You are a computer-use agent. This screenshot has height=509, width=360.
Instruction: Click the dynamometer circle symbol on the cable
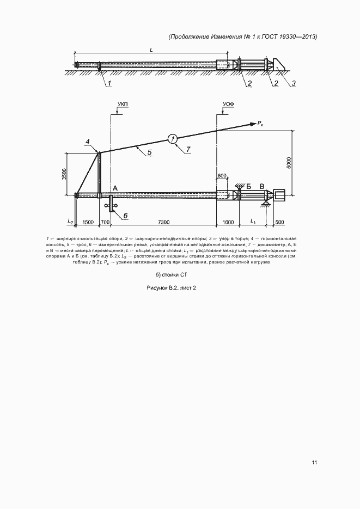click(173, 138)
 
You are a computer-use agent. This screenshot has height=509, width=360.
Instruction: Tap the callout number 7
click(188, 149)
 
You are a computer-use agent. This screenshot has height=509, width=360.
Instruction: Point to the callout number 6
click(125, 216)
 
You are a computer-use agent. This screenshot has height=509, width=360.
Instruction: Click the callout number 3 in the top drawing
click(293, 83)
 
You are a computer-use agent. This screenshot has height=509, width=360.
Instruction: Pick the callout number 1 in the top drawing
click(108, 83)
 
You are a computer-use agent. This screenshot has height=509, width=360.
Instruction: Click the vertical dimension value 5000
click(290, 163)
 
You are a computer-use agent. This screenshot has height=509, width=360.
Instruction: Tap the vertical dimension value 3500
click(64, 174)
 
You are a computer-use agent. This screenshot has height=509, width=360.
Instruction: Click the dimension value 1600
click(228, 222)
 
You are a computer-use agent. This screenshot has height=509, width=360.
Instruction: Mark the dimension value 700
click(105, 222)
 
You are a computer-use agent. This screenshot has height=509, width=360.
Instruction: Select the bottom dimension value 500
click(280, 222)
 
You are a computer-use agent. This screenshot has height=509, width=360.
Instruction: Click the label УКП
click(123, 103)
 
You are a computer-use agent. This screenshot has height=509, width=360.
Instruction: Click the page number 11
click(315, 463)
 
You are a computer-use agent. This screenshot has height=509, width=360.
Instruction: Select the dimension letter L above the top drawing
click(151, 50)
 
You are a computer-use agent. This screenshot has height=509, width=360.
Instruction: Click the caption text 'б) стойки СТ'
click(170, 275)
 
